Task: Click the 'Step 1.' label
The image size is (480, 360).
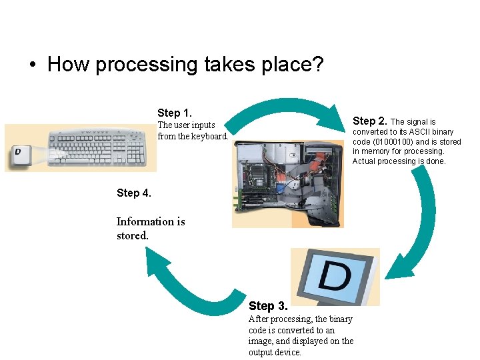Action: pyautogui.click(x=175, y=113)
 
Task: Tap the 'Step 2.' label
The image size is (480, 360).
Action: pyautogui.click(x=370, y=121)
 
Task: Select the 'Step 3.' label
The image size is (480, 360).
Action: pyautogui.click(x=268, y=306)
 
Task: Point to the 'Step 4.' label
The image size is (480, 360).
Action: pyautogui.click(x=134, y=193)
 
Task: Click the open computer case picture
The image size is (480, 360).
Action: pyautogui.click(x=287, y=183)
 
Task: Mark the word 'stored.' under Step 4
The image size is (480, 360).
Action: pyautogui.click(x=132, y=235)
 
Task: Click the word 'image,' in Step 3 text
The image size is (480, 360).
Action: pyautogui.click(x=264, y=341)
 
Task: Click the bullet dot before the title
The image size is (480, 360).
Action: pyautogui.click(x=31, y=65)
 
